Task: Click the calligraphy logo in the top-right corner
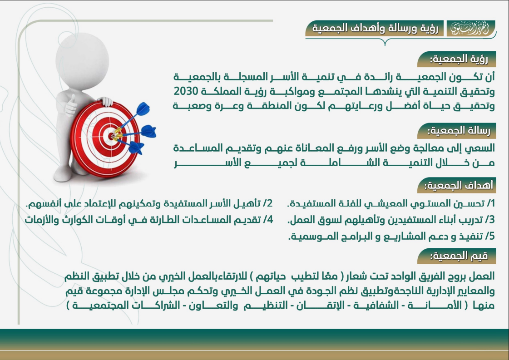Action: tap(470, 29)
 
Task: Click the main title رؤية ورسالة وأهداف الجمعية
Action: tap(375, 28)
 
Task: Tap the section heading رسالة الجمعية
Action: tap(459, 130)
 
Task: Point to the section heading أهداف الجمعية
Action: tap(459, 185)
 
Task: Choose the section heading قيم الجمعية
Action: tap(459, 256)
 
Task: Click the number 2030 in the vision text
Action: tap(186, 91)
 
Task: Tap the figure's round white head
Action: tap(82, 59)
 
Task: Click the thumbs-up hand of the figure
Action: tap(70, 104)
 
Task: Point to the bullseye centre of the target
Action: tap(111, 136)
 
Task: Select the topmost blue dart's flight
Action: tap(143, 109)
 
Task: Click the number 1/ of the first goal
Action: tap(490, 203)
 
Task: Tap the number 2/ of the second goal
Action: tap(268, 203)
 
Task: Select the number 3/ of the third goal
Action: tap(490, 220)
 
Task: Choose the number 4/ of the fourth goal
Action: tap(268, 220)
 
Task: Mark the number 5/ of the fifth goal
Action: tap(490, 236)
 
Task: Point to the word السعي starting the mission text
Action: tap(481, 148)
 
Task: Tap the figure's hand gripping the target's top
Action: tap(105, 101)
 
